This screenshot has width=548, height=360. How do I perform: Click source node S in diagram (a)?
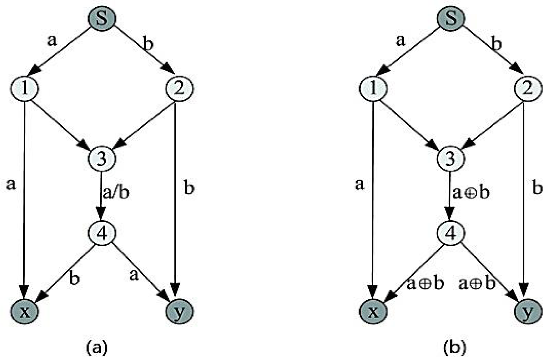coord(102,18)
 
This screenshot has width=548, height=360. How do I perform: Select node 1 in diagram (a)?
coord(24,88)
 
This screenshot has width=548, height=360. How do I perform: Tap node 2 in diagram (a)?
coord(179,88)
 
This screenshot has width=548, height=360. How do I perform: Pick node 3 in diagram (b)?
coord(451,158)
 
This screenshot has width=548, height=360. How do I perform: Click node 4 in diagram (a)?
coord(102,233)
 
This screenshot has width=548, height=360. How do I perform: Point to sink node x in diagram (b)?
coord(373,311)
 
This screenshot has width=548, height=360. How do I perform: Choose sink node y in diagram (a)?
coord(179,311)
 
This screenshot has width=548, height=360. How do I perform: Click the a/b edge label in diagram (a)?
coord(116,193)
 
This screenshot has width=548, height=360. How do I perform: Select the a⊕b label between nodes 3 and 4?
coord(471,193)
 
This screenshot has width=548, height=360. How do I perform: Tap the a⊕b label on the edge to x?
coord(425,284)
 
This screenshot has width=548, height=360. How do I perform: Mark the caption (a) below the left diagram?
coord(97,347)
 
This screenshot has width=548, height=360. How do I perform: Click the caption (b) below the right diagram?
coord(455,347)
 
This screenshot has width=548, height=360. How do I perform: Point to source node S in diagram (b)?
coord(451,18)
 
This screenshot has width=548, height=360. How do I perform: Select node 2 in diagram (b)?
coord(527,88)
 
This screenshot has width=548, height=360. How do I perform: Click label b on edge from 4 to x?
coord(74,278)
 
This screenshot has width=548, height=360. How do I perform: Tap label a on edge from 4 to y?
coord(134,275)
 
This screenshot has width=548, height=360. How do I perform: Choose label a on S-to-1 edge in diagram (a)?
coord(52,40)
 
